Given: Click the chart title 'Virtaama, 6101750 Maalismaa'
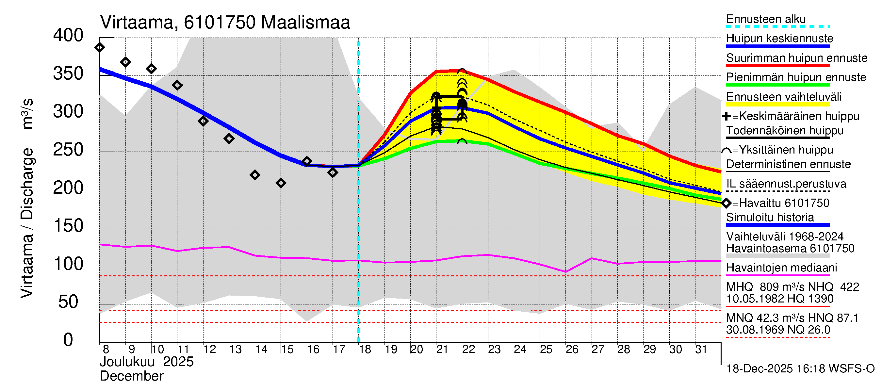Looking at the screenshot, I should (225, 23).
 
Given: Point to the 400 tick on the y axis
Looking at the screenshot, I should (68, 36).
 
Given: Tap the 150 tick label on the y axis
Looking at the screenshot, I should (68, 226).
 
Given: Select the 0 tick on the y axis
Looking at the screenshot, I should (68, 340).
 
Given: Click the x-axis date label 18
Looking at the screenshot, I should (365, 350).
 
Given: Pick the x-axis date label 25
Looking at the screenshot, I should (546, 350).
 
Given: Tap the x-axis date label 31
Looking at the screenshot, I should (701, 350).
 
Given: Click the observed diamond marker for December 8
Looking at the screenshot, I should (100, 47).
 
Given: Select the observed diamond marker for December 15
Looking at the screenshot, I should (281, 183).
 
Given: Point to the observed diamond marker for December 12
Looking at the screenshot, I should (203, 121).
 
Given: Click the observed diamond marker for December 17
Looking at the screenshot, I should (333, 172).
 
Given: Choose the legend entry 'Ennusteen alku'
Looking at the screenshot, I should (766, 19).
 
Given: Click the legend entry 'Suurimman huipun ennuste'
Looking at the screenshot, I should (797, 58).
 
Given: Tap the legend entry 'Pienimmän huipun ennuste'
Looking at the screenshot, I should (796, 77).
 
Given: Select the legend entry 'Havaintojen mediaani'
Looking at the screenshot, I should (782, 268).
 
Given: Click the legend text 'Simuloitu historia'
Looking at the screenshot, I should (770, 218).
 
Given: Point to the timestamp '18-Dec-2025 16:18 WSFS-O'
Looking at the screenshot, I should (800, 369).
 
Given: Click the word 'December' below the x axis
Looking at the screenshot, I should (132, 376).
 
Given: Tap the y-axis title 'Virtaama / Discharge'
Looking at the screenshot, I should (27, 222).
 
